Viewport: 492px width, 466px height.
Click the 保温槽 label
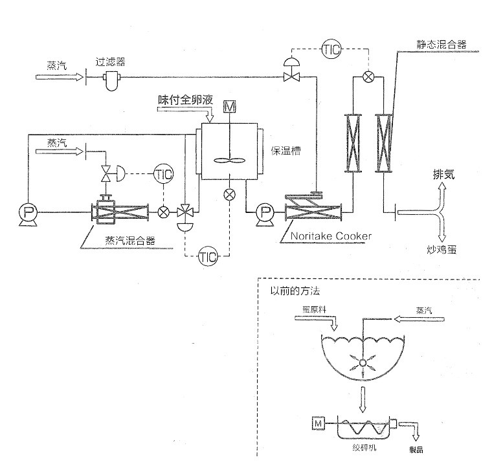click(x=285, y=151)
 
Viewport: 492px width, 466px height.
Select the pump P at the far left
click(x=27, y=212)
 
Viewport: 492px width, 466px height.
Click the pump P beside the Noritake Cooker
click(x=264, y=212)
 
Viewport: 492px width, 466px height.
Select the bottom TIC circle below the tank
click(x=207, y=256)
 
